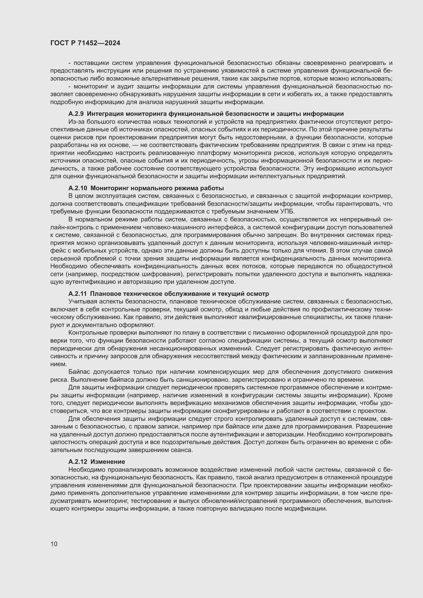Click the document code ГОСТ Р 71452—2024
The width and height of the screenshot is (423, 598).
(x=85, y=43)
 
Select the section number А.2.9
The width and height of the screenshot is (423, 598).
(x=76, y=114)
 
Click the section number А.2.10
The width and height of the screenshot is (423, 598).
(x=78, y=188)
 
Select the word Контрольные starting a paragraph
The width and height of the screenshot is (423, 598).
(x=86, y=333)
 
